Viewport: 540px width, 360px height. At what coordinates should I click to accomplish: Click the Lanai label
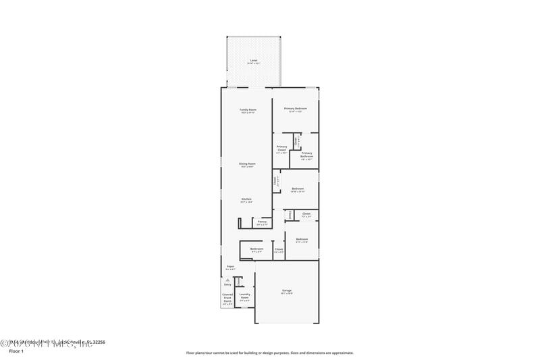click(x=254, y=61)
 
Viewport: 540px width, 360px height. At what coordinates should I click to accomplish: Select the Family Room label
click(x=248, y=109)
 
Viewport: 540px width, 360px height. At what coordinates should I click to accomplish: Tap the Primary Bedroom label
click(x=296, y=109)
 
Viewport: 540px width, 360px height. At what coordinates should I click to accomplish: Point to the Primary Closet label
click(x=281, y=148)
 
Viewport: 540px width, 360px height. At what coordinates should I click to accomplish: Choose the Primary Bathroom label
click(x=306, y=155)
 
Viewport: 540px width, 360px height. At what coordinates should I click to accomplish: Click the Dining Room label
click(x=248, y=163)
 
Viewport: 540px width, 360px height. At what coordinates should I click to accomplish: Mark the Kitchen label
click(x=247, y=199)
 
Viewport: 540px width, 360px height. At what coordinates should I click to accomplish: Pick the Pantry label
click(x=262, y=221)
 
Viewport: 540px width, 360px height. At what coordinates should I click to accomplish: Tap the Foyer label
click(x=230, y=267)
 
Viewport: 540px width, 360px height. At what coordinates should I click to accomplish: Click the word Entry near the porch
click(x=227, y=284)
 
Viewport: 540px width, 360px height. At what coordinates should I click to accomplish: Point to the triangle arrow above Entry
click(x=227, y=278)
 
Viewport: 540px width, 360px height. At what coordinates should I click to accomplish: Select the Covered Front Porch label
click(x=227, y=299)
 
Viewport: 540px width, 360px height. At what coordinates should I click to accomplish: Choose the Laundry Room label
click(x=244, y=295)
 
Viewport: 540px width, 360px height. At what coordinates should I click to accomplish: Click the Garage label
click(x=287, y=290)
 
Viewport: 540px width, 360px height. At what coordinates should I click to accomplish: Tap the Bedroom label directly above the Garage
click(x=302, y=239)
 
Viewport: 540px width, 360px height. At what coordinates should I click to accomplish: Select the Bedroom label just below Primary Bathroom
click(x=297, y=188)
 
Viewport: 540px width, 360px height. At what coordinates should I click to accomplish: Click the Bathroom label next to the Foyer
click(x=256, y=249)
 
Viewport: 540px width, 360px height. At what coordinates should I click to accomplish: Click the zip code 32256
click(x=98, y=342)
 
